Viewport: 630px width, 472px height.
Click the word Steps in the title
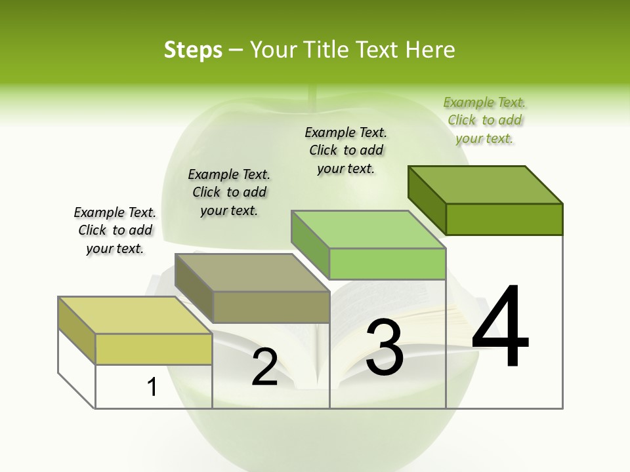[193, 50]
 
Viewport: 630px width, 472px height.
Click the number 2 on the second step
[264, 366]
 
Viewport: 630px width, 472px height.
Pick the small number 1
[152, 387]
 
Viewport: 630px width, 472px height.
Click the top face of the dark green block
[486, 184]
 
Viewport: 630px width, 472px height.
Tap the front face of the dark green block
[504, 219]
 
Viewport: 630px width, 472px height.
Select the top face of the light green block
[368, 229]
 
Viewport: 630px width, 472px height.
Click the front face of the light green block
[387, 264]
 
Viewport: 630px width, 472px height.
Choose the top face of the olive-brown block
[252, 272]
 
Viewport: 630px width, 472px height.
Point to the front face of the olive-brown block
[271, 307]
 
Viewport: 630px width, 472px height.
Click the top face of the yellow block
[135, 315]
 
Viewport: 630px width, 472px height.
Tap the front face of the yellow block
[154, 349]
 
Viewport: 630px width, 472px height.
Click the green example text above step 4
[484, 121]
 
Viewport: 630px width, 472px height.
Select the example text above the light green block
[346, 150]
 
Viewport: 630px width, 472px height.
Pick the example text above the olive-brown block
[229, 192]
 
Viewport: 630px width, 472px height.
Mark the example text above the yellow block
[115, 230]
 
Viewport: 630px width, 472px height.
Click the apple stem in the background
[314, 98]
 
